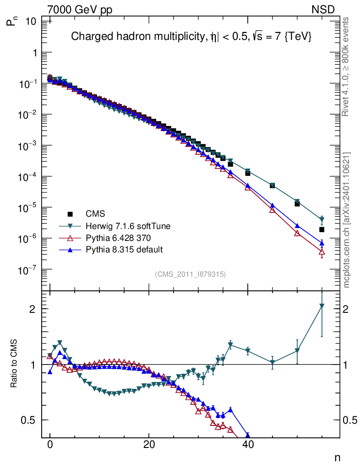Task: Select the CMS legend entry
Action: pos(95,213)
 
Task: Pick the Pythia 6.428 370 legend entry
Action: pos(118,238)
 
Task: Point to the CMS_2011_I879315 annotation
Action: pos(191,274)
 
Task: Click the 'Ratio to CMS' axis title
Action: pos(14,365)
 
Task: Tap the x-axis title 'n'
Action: pos(337,457)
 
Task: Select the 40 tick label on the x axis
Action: pos(248,444)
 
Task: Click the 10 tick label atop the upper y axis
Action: pos(31,21)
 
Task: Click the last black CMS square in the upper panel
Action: pos(322,229)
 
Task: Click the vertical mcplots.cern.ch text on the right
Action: pos(347,220)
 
